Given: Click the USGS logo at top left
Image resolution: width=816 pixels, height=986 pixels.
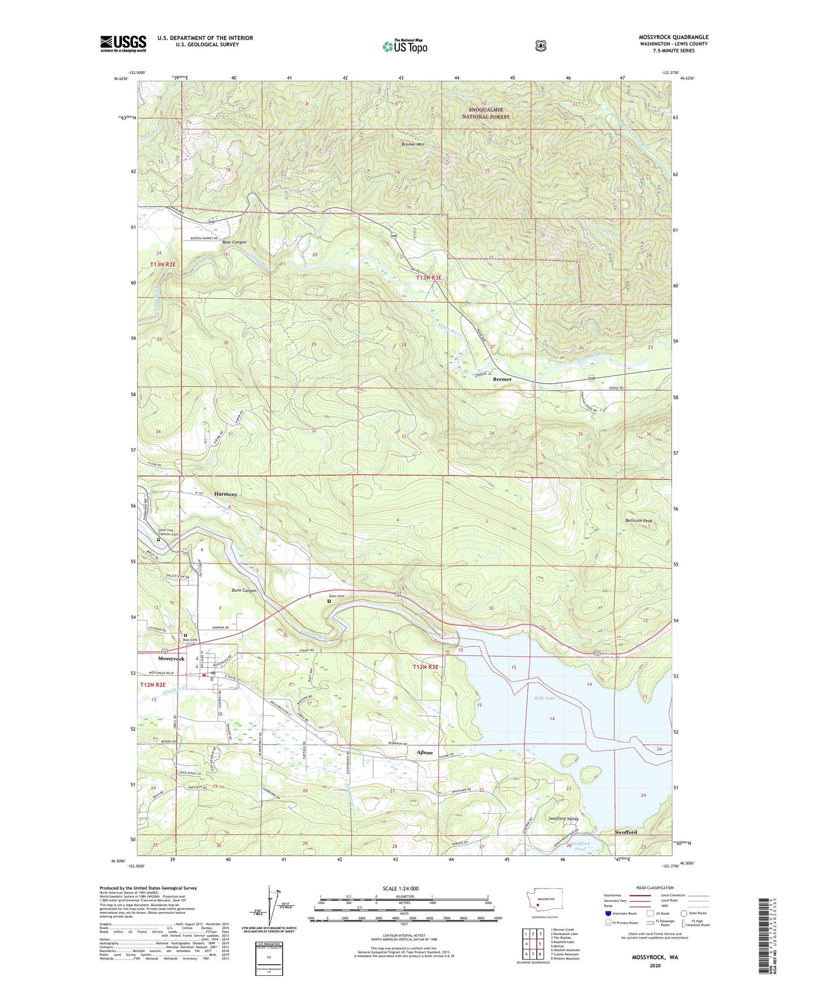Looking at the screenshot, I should click(x=123, y=43).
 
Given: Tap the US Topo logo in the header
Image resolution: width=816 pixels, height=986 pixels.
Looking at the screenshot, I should click(x=404, y=46).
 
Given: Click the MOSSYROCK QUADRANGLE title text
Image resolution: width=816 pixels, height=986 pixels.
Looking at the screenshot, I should click(x=674, y=37).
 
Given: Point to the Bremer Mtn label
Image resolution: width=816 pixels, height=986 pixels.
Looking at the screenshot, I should click(x=413, y=145).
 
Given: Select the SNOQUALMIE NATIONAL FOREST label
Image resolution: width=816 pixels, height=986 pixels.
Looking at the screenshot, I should click(x=486, y=113).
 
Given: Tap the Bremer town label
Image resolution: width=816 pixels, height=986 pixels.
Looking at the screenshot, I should click(x=502, y=379).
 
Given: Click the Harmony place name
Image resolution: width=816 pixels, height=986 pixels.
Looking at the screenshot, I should click(x=226, y=494).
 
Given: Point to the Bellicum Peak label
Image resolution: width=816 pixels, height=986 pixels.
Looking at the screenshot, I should click(x=639, y=521).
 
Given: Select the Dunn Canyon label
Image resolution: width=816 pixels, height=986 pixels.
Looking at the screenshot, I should click(x=244, y=591).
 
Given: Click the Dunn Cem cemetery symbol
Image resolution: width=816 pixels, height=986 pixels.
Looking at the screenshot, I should click(x=329, y=601).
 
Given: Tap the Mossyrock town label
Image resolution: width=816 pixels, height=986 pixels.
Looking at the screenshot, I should click(x=171, y=659).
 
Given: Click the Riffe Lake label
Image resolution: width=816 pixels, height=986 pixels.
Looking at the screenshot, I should click(x=545, y=699).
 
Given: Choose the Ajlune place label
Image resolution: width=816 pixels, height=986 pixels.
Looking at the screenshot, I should click(x=425, y=753).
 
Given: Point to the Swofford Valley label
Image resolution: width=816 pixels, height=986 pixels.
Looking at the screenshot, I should click(x=564, y=818).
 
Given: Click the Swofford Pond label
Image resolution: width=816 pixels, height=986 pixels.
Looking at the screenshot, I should click(x=581, y=846).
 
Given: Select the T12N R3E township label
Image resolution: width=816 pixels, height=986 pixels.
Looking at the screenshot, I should click(x=426, y=667).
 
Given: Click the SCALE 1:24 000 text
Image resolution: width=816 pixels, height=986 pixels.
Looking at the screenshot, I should click(x=400, y=889).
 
